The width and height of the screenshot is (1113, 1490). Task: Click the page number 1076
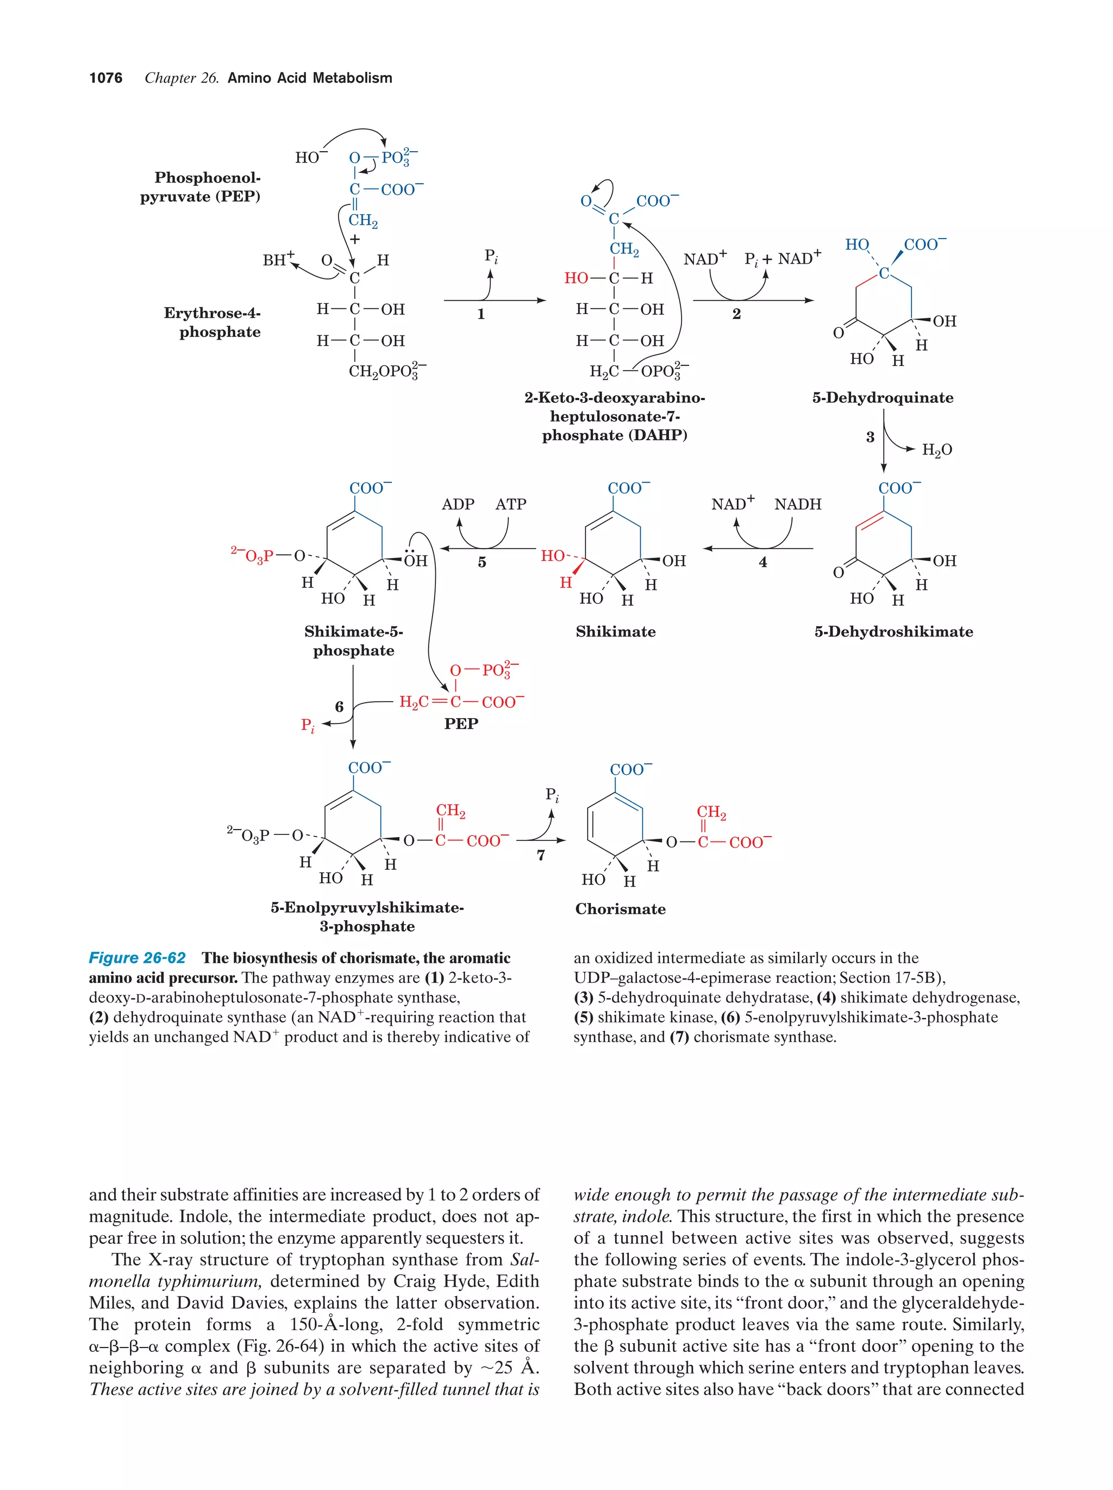coord(106,78)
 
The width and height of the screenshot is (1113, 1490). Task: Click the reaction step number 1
coord(481,314)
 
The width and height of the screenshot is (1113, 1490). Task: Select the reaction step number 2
coord(736,314)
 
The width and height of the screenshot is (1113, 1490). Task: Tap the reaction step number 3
coord(870,437)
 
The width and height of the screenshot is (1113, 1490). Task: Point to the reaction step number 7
coord(540,856)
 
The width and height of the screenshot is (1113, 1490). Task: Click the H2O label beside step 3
coord(936,450)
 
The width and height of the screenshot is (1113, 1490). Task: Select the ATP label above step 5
coord(510,504)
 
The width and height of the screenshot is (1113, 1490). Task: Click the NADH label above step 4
coord(797,504)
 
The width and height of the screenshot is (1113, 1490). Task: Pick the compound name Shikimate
coord(615,632)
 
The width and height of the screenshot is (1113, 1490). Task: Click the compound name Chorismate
coord(620,909)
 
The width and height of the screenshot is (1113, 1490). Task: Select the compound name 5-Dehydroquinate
coord(883,397)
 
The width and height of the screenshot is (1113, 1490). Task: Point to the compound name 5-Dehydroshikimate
coord(893,632)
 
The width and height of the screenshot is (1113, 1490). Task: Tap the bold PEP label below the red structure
coord(461,724)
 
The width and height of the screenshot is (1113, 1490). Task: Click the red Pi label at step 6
coord(307,726)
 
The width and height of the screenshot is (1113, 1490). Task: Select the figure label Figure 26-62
coord(137,958)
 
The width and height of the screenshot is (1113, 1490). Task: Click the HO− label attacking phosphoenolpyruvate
coord(310,157)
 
